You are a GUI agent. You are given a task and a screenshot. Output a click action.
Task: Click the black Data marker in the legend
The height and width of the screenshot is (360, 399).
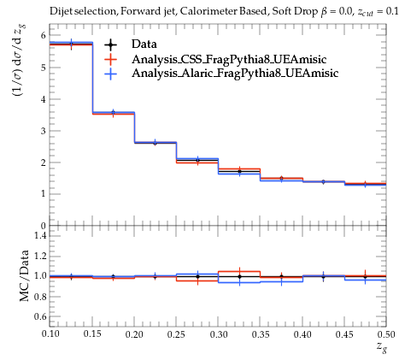pyautogui.click(x=110, y=44)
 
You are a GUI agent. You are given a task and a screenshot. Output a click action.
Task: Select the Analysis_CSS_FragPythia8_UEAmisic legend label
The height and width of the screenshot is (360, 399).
pyautogui.click(x=229, y=59)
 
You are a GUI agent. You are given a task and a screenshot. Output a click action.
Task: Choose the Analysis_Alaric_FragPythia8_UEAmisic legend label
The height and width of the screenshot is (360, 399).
pyautogui.click(x=235, y=74)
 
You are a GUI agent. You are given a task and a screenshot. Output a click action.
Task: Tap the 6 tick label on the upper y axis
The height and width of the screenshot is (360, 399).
pyautogui.click(x=44, y=36)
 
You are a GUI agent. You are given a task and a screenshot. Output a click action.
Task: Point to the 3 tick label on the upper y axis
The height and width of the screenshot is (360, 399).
pyautogui.click(x=44, y=131)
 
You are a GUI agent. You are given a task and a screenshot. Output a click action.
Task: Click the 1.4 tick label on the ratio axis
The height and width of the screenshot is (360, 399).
pyautogui.click(x=40, y=235)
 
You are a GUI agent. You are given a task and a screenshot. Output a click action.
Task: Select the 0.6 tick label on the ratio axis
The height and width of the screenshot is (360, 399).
pyautogui.click(x=40, y=316)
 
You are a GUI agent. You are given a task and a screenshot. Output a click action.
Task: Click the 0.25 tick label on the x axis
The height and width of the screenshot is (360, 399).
pyautogui.click(x=176, y=334)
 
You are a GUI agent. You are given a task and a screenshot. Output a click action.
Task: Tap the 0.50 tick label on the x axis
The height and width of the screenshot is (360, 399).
pyautogui.click(x=386, y=334)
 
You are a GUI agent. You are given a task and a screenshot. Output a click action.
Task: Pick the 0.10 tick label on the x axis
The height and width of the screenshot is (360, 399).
pyautogui.click(x=50, y=333)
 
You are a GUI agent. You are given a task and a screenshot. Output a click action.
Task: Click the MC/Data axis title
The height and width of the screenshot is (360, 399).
pyautogui.click(x=25, y=275)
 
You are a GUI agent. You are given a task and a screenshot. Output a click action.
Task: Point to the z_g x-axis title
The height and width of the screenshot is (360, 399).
pyautogui.click(x=382, y=347)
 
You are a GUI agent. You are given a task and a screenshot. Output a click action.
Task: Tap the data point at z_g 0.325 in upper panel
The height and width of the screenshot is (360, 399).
pyautogui.click(x=239, y=171)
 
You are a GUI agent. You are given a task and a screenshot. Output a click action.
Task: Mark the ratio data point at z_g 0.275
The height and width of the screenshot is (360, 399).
pyautogui.click(x=197, y=276)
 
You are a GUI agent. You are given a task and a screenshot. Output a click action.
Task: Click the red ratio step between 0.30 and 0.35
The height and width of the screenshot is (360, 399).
pyautogui.click(x=239, y=271)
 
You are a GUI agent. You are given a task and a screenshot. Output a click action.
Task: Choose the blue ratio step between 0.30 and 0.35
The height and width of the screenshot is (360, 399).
pyautogui.click(x=239, y=282)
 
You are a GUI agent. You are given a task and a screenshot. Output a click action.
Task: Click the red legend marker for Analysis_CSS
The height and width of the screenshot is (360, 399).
pyautogui.click(x=110, y=59)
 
